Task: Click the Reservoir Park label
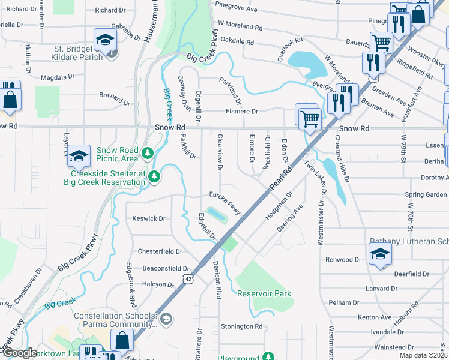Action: (264, 293)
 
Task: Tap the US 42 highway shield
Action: (188, 279)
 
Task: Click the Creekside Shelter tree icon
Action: (155, 176)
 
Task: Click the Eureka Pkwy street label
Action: (225, 202)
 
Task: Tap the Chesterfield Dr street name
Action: (160, 251)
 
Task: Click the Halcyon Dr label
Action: (158, 284)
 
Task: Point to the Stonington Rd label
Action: (242, 326)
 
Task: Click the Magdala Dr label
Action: (58, 77)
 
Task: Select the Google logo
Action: (20, 353)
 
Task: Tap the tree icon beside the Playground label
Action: (270, 356)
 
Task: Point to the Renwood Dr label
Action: (343, 260)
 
